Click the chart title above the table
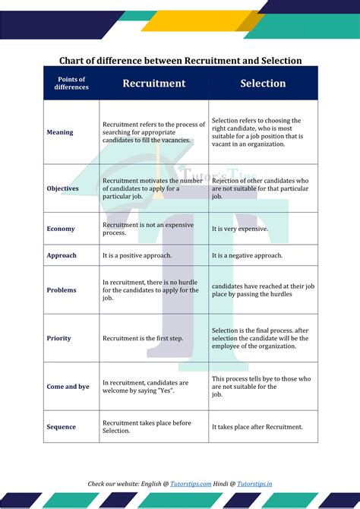181,61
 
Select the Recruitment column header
153,84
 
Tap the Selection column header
263,84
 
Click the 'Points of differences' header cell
71,84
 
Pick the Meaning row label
60,132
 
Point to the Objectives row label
62,188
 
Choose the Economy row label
61,229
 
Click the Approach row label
62,255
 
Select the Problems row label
62,290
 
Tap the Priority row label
59,338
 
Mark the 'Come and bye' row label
68,387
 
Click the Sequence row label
62,427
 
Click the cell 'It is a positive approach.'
137,255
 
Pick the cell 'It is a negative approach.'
247,255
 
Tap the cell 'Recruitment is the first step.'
142,338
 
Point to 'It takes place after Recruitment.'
257,427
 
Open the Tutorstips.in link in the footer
255,483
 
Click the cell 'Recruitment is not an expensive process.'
144,229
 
